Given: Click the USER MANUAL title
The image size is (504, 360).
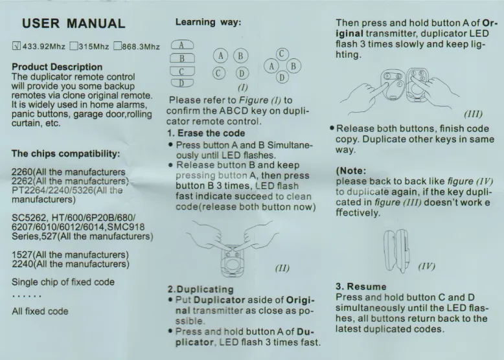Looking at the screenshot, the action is tap(74, 23).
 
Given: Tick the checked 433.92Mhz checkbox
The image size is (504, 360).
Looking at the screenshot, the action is tap(16, 46).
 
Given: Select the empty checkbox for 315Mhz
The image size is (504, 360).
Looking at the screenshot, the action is tap(74, 46).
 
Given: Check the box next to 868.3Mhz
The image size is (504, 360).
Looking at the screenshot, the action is tap(117, 46).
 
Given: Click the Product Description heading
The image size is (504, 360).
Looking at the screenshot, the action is tap(57, 67).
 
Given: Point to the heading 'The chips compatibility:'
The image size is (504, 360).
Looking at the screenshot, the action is tap(65, 153).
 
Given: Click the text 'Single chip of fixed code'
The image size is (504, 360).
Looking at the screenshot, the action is tap(63, 282).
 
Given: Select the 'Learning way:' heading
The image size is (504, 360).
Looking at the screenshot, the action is tap(208, 22).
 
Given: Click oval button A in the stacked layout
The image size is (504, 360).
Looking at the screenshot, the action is tap(182, 45).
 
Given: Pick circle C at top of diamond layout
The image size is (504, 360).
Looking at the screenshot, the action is tap(282, 54).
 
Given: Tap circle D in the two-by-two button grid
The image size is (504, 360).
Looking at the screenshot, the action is tap(242, 74).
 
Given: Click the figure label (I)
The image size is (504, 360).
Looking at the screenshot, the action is tap(243, 87).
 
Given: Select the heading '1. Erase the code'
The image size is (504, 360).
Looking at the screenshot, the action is tap(206, 133).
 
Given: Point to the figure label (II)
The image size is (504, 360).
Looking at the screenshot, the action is tap(282, 268).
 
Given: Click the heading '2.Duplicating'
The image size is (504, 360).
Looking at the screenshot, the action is tap(201, 289).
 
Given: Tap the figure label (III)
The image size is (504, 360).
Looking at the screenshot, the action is tap(473, 114).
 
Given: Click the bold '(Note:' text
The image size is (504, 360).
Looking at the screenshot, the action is tap(351, 170).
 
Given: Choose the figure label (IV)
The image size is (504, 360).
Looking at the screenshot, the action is tap(427, 266).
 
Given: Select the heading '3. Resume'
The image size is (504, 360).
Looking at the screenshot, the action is tap(361, 286).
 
